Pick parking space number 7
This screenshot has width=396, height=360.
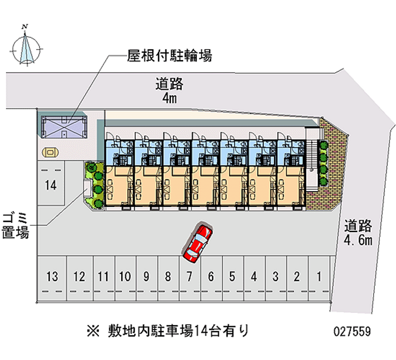point(189,276)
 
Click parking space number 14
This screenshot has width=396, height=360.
point(50,186)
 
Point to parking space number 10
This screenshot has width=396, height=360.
point(125,276)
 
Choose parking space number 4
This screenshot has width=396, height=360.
point(253,276)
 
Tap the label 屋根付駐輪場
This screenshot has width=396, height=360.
point(170,56)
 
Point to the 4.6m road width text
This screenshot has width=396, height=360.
point(358,241)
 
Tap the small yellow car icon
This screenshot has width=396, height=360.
point(49,152)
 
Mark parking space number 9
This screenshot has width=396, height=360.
point(146,276)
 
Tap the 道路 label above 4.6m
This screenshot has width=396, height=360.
point(358,226)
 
